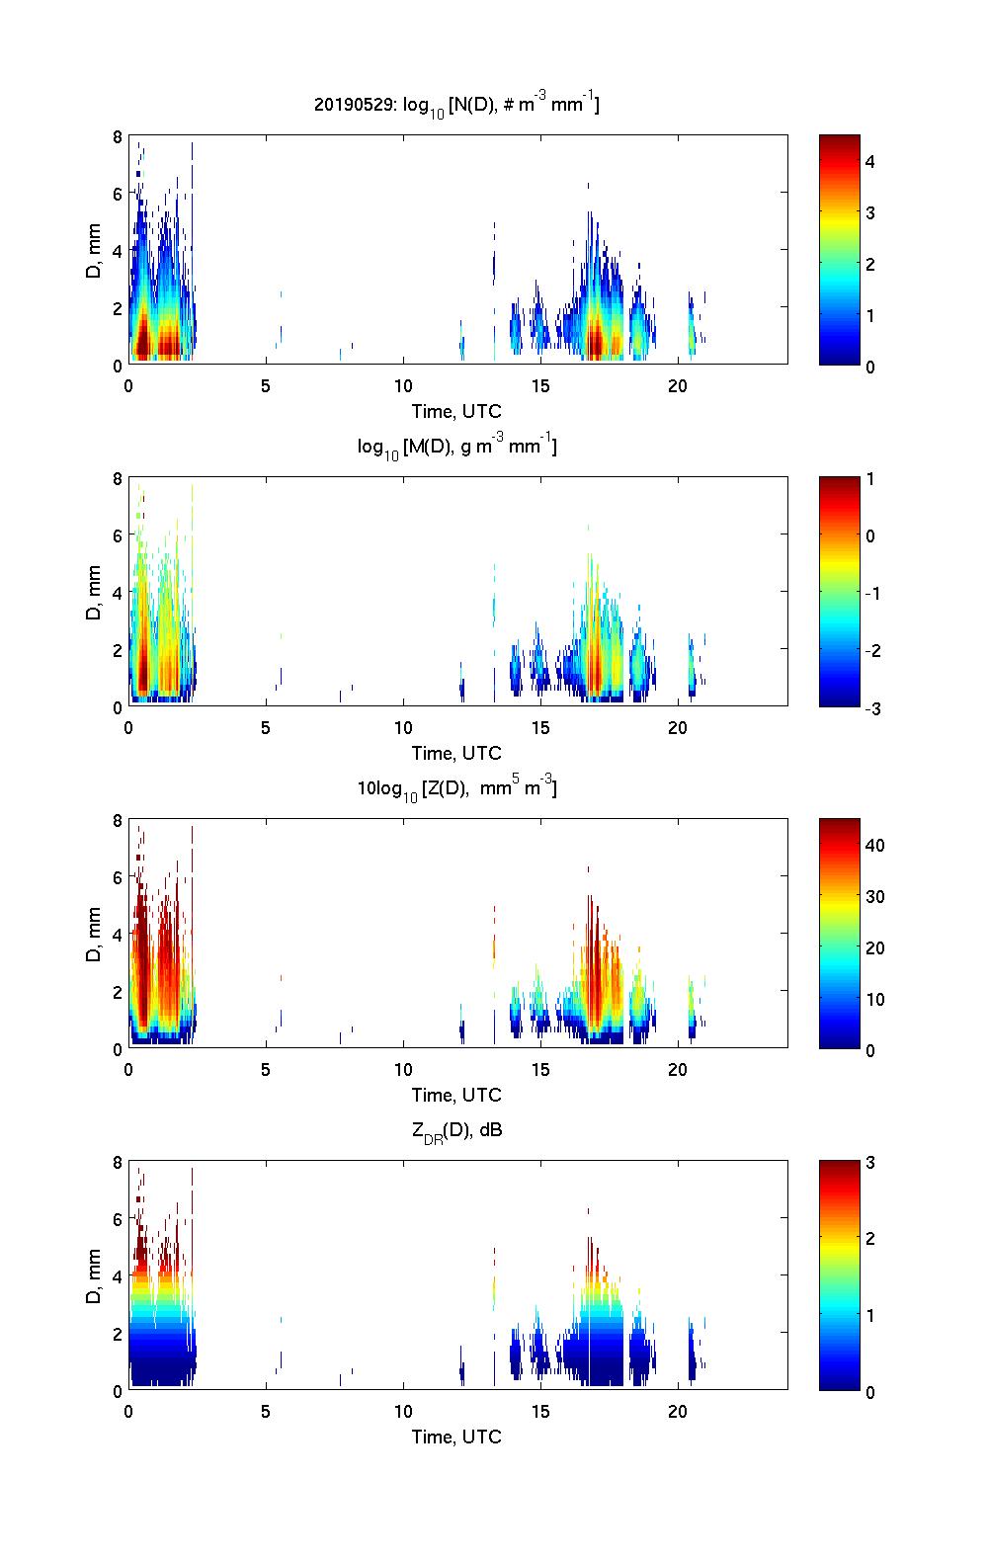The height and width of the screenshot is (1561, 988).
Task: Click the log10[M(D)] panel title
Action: click(456, 447)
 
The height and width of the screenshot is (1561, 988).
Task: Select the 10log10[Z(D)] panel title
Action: click(456, 788)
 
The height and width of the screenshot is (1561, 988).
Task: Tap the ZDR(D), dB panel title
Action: click(456, 1131)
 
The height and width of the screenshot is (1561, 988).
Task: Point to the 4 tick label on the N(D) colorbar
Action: click(870, 161)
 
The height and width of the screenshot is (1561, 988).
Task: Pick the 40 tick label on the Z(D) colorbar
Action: click(874, 845)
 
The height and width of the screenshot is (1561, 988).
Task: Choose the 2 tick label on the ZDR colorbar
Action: click(870, 1239)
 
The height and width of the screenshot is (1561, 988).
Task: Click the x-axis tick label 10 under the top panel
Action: click(403, 385)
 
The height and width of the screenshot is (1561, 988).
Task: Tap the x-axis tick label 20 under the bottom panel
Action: click(678, 1411)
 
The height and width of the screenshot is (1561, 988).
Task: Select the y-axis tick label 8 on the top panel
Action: click(117, 136)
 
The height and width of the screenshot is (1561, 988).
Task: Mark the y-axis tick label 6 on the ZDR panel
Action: click(117, 1219)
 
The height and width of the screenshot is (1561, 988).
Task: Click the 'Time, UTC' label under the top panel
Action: click(456, 411)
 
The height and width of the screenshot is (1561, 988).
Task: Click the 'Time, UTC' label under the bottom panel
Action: click(456, 1437)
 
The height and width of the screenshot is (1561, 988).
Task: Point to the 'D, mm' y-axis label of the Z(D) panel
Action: click(95, 933)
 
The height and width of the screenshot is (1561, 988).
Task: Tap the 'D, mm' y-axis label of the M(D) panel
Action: click(95, 591)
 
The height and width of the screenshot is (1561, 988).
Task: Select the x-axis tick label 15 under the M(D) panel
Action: click(540, 727)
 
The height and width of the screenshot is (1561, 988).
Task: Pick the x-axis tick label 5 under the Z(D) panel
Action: click(266, 1069)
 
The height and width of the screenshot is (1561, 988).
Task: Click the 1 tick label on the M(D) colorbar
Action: click(870, 479)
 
